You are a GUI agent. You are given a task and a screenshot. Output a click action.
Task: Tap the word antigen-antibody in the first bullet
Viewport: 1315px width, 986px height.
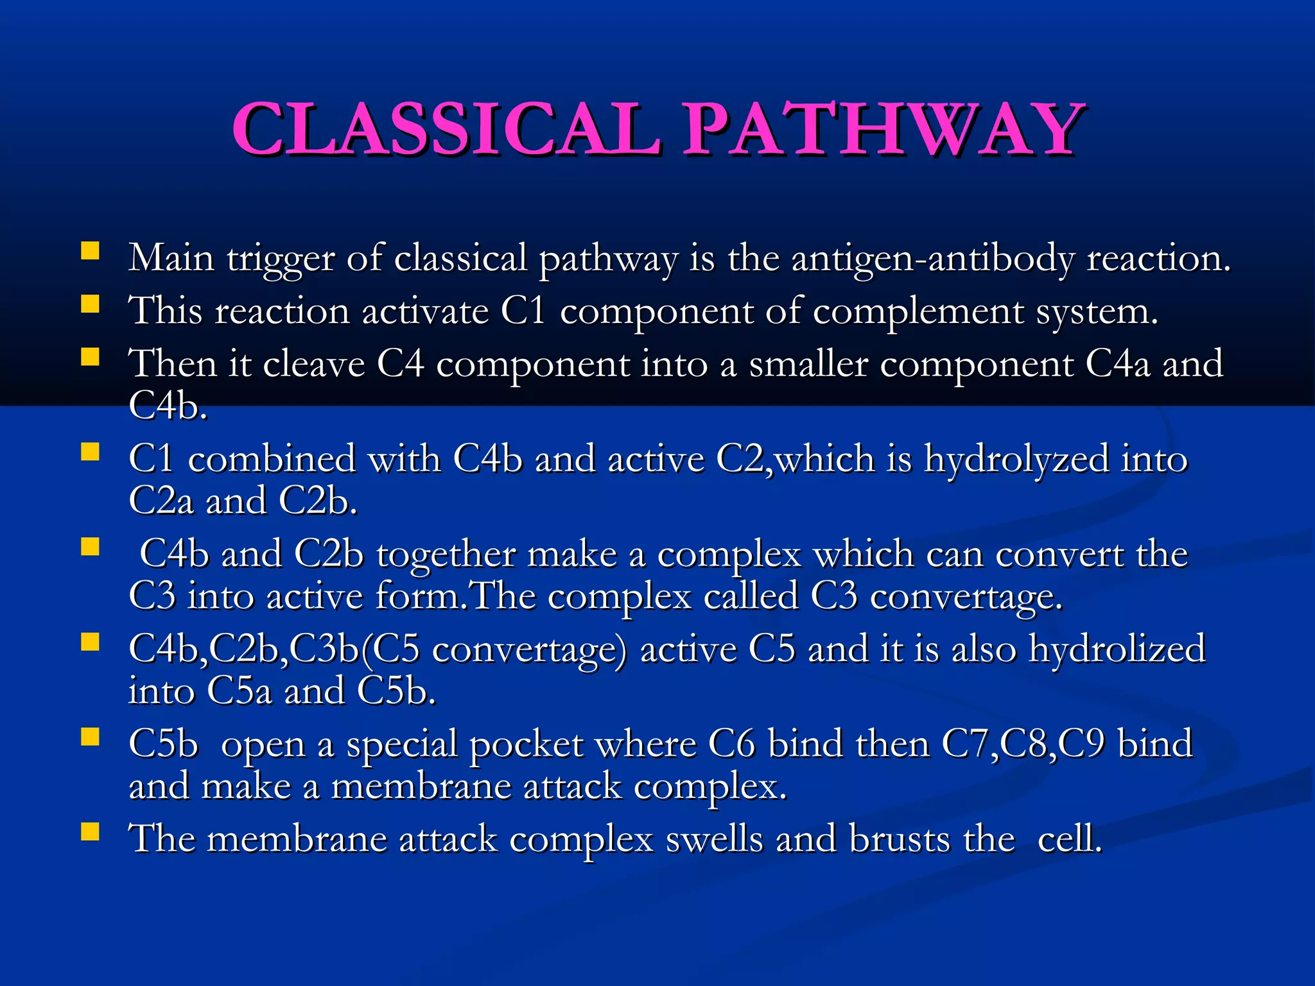pyautogui.click(x=932, y=259)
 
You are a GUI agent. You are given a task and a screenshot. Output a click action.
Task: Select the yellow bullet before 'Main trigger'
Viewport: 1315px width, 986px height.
pyautogui.click(x=91, y=250)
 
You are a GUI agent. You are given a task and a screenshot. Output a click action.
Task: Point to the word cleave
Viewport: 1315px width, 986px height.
pyautogui.click(x=313, y=364)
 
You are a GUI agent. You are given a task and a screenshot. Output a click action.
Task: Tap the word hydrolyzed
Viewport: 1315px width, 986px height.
pyautogui.click(x=1016, y=460)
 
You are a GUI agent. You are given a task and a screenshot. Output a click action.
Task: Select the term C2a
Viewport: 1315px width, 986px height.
pyautogui.click(x=161, y=501)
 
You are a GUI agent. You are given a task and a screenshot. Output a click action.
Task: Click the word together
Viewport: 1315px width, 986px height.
pyautogui.click(x=446, y=555)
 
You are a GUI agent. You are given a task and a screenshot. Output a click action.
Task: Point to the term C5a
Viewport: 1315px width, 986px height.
pyautogui.click(x=239, y=692)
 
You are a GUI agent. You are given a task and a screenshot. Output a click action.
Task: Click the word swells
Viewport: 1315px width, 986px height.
pyautogui.click(x=714, y=840)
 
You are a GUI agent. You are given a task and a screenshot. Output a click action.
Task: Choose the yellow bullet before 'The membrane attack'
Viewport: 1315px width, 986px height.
pyautogui.click(x=91, y=832)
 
